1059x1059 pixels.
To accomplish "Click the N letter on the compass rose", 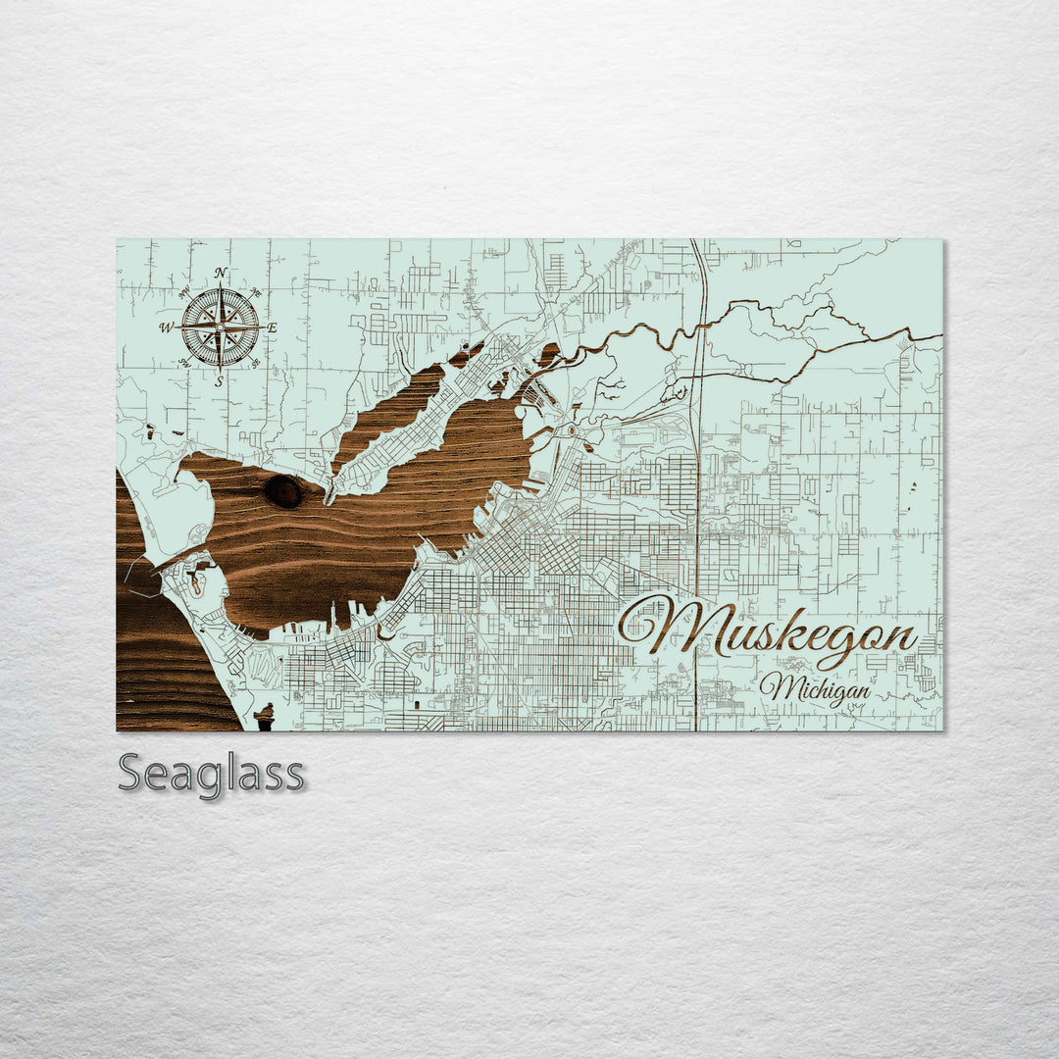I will (221, 273).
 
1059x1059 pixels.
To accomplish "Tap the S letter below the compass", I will (220, 381).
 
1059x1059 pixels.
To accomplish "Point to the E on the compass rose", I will (273, 328).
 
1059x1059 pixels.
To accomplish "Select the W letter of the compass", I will (166, 328).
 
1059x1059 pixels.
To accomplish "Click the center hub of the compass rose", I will (220, 327).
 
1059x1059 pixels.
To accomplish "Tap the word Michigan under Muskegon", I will (815, 687).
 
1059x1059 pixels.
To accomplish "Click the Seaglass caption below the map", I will (211, 774).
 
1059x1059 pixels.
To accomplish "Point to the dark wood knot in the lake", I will (283, 491).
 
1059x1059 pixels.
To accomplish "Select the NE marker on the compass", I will (256, 291).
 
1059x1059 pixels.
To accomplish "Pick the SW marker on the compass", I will (184, 362).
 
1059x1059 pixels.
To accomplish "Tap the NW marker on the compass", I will (184, 291).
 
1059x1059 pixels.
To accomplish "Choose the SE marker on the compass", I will (256, 363).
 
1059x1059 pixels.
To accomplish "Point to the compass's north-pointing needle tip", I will (220, 287).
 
